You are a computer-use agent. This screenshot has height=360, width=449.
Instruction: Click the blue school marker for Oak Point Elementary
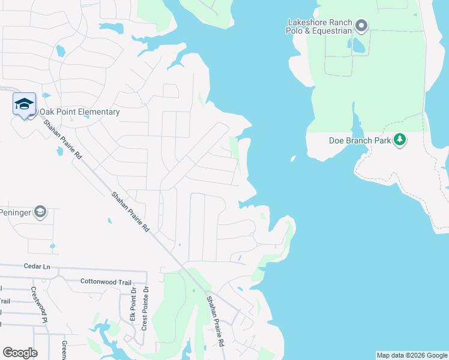tap(24, 105)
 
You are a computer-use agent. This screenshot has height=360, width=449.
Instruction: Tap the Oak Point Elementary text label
tap(80, 112)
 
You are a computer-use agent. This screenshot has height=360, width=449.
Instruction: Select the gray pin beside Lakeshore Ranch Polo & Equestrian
tap(361, 26)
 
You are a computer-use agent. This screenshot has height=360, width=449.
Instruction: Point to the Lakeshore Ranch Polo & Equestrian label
tap(319, 26)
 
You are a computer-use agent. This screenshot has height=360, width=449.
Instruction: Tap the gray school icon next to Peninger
tap(40, 212)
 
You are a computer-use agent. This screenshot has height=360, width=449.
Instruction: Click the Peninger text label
tap(14, 212)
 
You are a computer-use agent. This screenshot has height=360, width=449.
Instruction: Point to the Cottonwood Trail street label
tap(106, 281)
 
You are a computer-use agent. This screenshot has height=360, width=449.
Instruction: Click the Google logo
tap(20, 353)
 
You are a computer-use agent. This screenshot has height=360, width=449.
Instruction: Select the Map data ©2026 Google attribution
tap(412, 355)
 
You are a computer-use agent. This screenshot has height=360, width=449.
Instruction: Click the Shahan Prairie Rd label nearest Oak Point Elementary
tap(62, 139)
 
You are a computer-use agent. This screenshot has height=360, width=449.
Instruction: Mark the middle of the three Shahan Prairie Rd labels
tap(130, 212)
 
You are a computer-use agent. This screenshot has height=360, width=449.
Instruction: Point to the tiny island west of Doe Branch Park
tap(293, 159)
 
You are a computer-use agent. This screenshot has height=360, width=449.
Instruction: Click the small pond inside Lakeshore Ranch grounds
tap(358, 45)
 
